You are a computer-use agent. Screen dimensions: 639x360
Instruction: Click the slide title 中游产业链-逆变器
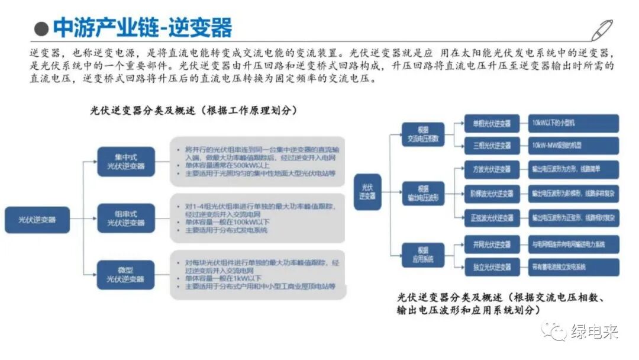(142, 27)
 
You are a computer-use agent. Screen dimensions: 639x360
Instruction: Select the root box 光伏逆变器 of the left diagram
(37, 219)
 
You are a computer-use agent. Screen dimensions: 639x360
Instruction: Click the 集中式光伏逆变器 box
(125, 162)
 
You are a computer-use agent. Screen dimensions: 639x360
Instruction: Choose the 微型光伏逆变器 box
(125, 275)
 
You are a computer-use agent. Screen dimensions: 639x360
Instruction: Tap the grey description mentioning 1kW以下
(257, 274)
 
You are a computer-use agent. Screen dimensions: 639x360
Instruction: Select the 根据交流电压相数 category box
(422, 134)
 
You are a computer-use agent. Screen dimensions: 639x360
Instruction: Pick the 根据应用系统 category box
(422, 255)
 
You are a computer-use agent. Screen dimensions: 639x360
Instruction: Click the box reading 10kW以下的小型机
(572, 124)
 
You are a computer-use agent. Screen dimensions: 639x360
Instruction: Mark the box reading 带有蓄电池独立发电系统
(572, 267)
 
